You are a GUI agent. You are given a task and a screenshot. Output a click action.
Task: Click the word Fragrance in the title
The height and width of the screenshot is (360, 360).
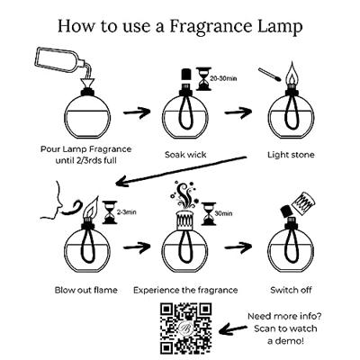click(211, 26)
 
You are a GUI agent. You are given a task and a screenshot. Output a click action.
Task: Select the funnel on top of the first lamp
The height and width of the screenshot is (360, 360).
click(88, 84)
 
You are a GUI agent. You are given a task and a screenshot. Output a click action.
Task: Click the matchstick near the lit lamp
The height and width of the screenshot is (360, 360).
click(270, 75)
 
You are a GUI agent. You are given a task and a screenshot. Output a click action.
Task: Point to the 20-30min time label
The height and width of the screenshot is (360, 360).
click(223, 79)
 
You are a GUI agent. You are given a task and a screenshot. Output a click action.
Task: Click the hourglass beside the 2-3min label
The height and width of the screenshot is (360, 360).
click(110, 212)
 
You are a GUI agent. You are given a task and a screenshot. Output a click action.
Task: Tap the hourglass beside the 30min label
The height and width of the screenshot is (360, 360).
click(209, 213)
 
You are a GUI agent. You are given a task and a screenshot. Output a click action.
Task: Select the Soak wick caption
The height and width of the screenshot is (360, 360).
click(185, 155)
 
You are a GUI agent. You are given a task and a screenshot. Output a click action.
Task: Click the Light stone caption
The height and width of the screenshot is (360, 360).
click(291, 155)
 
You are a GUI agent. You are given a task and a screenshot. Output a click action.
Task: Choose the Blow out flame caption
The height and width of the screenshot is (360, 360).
click(86, 290)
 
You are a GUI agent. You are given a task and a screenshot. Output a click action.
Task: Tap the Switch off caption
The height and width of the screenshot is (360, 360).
click(291, 290)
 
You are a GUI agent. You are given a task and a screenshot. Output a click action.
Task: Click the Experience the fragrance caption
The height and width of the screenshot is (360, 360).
click(185, 291)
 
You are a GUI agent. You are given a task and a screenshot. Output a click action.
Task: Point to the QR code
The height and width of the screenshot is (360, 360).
click(185, 328)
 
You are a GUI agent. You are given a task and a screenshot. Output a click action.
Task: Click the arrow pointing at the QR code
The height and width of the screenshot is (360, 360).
click(233, 329)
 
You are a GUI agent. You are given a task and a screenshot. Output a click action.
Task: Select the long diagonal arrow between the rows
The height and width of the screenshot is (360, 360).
click(181, 170)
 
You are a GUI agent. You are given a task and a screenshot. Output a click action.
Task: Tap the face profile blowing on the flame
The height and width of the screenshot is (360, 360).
click(52, 200)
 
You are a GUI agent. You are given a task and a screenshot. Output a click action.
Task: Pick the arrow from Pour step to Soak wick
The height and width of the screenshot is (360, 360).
click(137, 112)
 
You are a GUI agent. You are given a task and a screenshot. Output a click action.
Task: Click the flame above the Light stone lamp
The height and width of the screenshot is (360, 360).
click(291, 74)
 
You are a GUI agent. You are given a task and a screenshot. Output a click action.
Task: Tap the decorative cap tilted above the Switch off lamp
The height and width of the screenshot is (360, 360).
click(303, 202)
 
